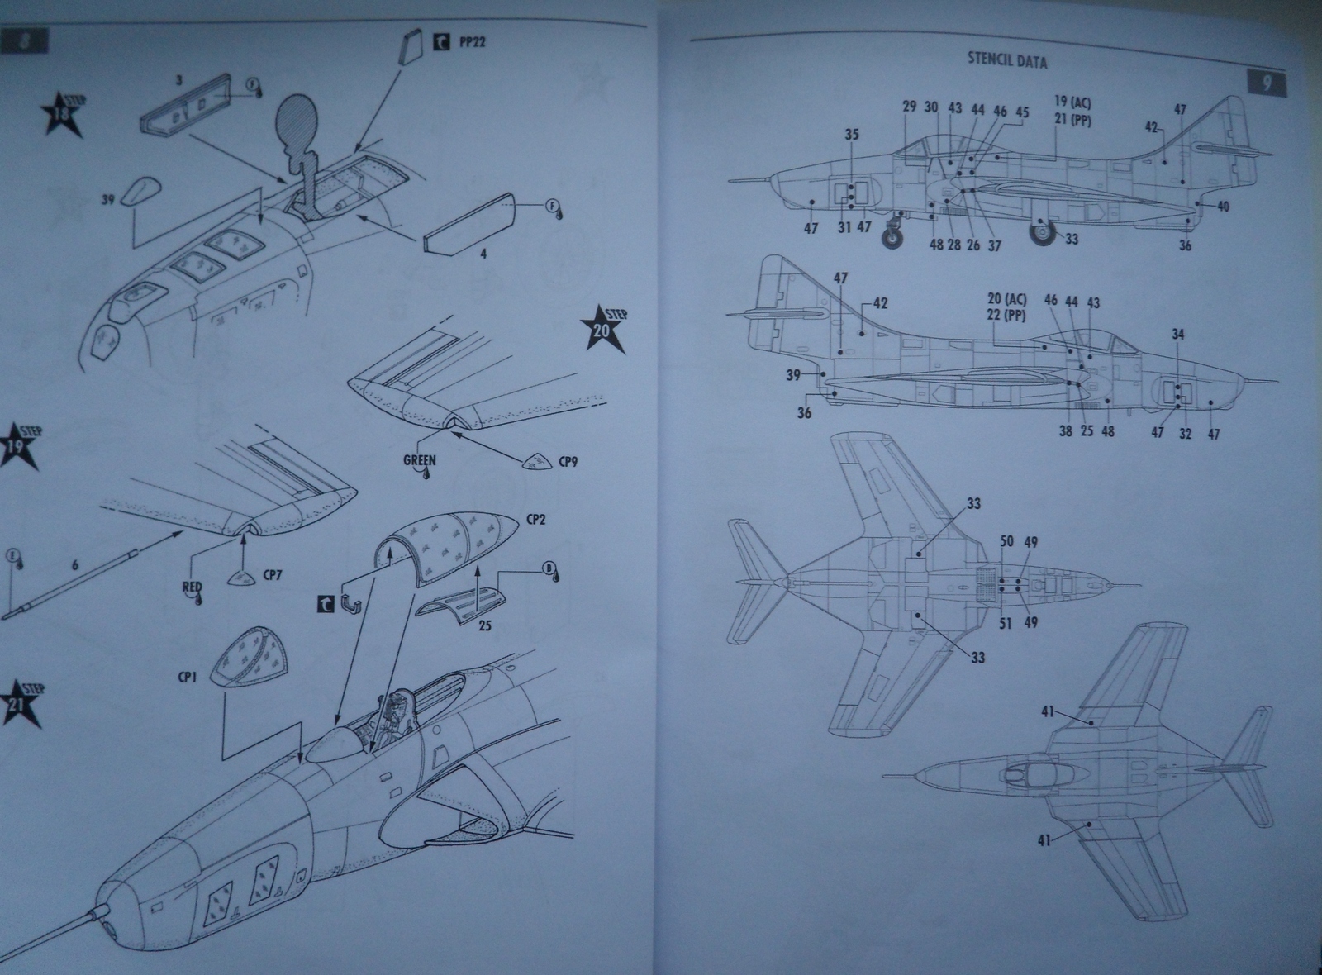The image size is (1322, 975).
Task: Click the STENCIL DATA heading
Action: (x=1006, y=62)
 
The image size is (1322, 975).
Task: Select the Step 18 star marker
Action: (x=65, y=115)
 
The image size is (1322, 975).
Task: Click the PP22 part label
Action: (x=471, y=40)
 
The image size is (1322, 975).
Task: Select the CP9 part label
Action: (x=567, y=461)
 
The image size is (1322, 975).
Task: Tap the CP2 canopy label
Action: (x=538, y=521)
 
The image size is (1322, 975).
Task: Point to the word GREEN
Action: (x=420, y=460)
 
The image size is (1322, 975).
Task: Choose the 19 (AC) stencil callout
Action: (x=1072, y=102)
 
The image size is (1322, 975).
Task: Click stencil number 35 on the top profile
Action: (x=851, y=136)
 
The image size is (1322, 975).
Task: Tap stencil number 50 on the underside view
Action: (x=1006, y=542)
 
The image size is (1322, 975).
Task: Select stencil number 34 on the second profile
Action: (x=1177, y=335)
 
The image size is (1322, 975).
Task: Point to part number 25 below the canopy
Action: (x=484, y=625)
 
